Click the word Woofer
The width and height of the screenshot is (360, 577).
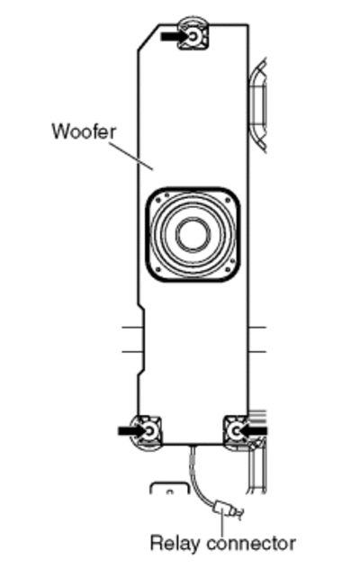[85, 131]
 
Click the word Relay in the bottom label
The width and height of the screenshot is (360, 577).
[175, 543]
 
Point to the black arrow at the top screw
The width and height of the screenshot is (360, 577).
[175, 36]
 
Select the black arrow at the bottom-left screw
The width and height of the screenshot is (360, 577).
[131, 430]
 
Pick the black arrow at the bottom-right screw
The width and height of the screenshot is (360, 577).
[254, 430]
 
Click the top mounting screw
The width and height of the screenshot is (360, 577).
[193, 36]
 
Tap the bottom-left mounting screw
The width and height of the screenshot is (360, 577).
[150, 431]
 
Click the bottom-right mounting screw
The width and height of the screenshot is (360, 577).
[236, 430]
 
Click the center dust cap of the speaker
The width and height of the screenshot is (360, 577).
[193, 234]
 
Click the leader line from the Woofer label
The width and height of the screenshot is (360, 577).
[131, 157]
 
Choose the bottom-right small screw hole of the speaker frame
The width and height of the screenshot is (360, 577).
[228, 269]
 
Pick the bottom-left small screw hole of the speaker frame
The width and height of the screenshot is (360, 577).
[159, 269]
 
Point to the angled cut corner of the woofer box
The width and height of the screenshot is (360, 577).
[148, 37]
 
